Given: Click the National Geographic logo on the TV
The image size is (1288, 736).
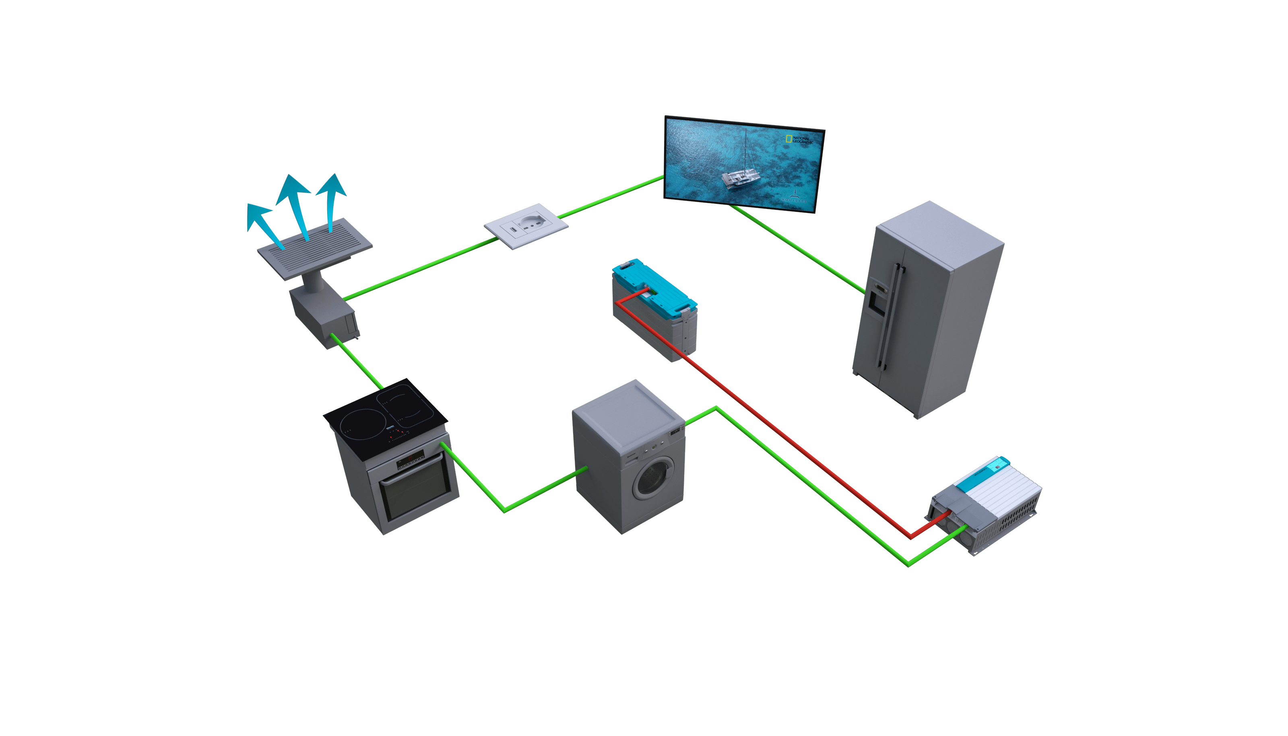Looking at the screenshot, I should tap(799, 140).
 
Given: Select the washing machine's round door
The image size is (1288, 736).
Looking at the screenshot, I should tap(654, 478).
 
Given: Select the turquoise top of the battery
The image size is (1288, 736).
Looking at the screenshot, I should tap(654, 285).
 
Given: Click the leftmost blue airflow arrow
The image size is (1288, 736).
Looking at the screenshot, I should tap(263, 222).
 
